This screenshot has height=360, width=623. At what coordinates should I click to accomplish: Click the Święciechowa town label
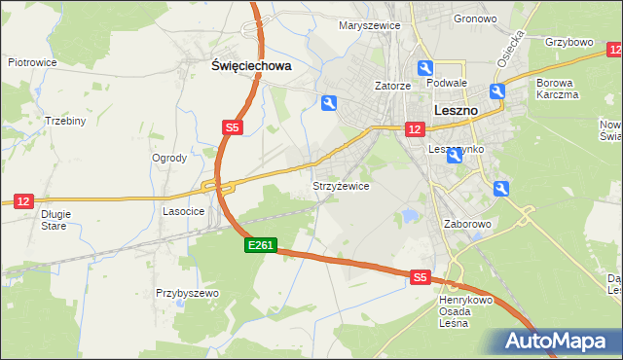252,66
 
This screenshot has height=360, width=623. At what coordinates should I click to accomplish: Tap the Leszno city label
454,111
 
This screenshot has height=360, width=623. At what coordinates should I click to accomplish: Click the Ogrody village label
169,158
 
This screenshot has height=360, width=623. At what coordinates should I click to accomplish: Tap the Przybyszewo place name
187,293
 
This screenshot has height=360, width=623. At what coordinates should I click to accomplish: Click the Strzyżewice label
340,186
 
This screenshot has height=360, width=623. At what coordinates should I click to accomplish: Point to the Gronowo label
475,18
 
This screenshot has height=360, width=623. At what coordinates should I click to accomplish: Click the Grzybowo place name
569,43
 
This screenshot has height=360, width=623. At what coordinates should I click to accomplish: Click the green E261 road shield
261,247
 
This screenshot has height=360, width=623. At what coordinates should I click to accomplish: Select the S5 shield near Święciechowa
232,127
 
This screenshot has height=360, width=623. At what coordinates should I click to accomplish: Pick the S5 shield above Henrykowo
420,277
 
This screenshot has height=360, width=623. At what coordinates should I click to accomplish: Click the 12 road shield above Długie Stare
24,200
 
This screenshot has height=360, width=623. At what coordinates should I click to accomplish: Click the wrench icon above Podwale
425,67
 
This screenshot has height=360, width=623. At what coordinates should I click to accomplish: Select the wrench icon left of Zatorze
329,102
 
